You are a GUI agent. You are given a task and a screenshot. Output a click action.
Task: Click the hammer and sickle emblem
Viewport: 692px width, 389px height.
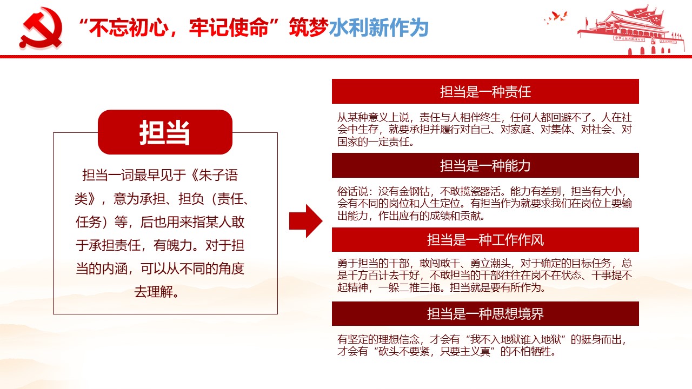(x=41, y=29)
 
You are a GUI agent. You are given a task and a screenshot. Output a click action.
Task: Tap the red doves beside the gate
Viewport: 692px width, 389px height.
(x=556, y=17)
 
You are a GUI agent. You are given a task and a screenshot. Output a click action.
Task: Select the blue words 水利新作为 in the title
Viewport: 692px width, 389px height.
(x=378, y=28)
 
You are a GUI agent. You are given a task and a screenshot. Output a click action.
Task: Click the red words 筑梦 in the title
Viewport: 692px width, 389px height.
(x=309, y=28)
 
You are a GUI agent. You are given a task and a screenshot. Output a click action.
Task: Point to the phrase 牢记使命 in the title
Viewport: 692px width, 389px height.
(x=229, y=28)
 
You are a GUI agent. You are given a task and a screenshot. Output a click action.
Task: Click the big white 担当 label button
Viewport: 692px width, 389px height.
(x=165, y=132)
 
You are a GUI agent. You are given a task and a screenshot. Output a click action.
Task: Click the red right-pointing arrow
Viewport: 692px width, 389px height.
(x=306, y=221)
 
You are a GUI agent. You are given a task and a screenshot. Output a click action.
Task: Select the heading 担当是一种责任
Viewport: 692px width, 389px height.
(x=485, y=92)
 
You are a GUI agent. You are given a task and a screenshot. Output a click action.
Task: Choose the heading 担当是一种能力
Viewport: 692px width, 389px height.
(x=485, y=166)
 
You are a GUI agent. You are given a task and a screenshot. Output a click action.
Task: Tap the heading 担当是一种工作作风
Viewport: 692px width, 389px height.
(x=485, y=240)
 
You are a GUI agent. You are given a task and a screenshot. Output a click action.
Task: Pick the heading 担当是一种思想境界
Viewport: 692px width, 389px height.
(x=485, y=314)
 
